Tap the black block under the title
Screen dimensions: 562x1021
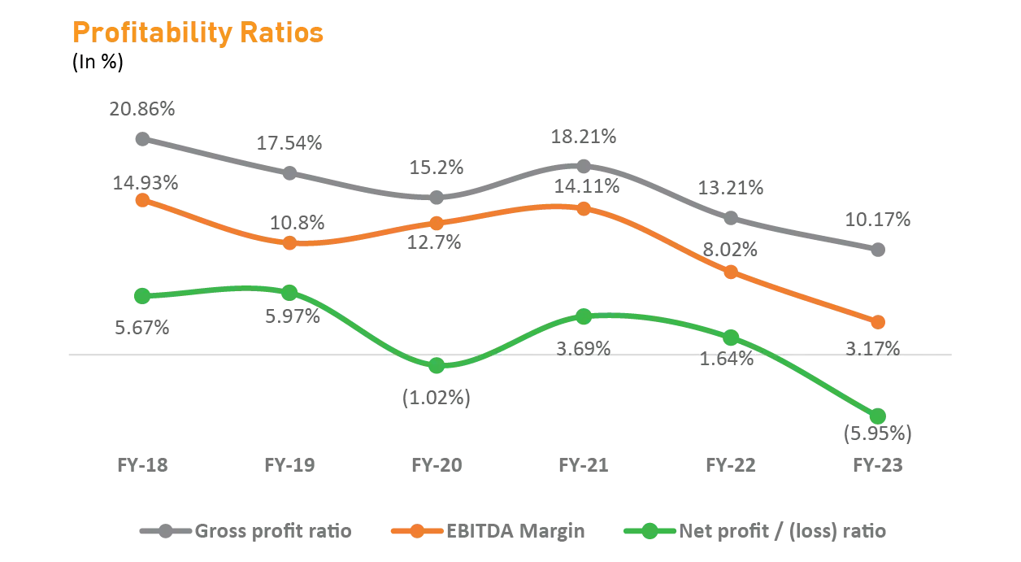tap(98, 64)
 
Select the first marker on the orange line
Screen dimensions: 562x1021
tap(141, 199)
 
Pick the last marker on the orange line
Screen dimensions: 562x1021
tap(877, 322)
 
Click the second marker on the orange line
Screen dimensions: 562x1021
tap(289, 243)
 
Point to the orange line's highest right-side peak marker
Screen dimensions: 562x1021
tap(583, 208)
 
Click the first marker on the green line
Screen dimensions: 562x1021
tap(141, 295)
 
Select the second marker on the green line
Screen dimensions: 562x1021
tap(289, 291)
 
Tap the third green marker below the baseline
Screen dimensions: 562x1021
tap(437, 367)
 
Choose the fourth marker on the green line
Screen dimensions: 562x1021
tap(583, 316)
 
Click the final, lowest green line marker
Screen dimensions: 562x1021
tap(877, 416)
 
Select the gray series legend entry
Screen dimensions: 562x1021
tap(244, 533)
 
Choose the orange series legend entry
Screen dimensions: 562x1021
tap(488, 533)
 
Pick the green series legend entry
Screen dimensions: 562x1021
tap(756, 533)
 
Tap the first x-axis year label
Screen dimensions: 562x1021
tap(142, 466)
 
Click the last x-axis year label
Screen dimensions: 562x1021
tap(877, 466)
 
